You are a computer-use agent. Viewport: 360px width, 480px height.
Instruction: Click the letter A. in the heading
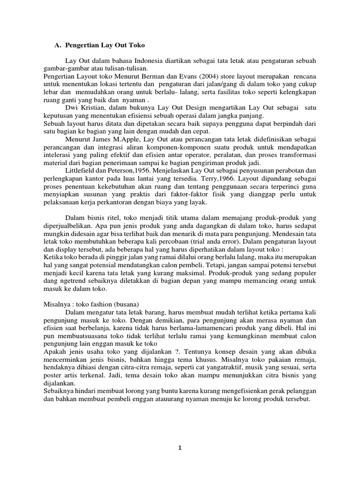58,45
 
